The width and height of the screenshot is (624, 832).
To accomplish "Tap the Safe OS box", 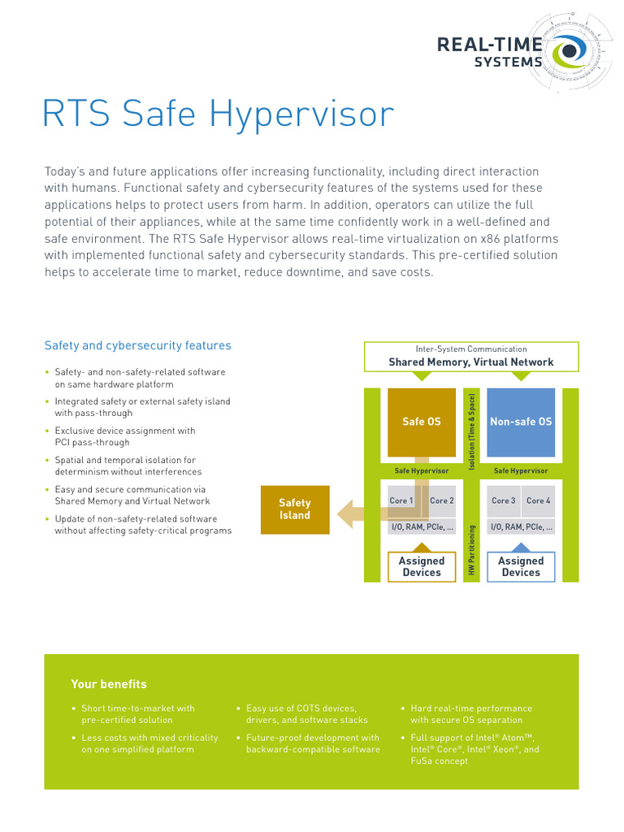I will pyautogui.click(x=422, y=422).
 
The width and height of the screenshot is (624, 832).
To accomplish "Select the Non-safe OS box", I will pyautogui.click(x=520, y=422).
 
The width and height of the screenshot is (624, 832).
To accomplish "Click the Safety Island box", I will pyautogui.click(x=295, y=509).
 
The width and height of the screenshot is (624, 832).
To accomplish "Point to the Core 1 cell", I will pyautogui.click(x=401, y=501).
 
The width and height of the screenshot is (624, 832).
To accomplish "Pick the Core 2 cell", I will pyautogui.click(x=442, y=501).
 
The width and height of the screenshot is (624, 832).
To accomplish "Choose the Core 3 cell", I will pyautogui.click(x=503, y=501).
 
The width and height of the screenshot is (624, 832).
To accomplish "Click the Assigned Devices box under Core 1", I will pyautogui.click(x=422, y=566).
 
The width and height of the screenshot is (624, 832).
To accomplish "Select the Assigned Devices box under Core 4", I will pyautogui.click(x=520, y=566).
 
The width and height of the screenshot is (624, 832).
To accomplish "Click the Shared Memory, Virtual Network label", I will pyautogui.click(x=471, y=362).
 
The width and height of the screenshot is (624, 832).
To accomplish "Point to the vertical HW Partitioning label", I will pyautogui.click(x=471, y=551).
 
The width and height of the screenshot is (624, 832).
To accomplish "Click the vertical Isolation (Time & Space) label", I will pyautogui.click(x=471, y=431).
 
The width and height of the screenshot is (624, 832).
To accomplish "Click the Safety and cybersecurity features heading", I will pyautogui.click(x=137, y=345).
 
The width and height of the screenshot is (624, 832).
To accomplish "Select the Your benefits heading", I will pyautogui.click(x=109, y=684).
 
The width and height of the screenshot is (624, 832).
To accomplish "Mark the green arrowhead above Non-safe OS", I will pyautogui.click(x=520, y=376).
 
